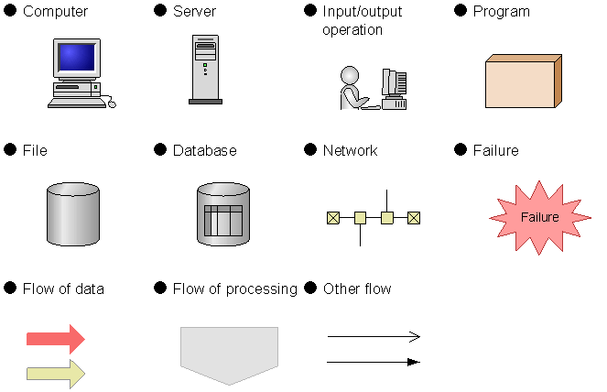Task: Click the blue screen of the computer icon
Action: (76, 58)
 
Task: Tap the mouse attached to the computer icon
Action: (112, 103)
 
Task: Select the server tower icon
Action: (206, 70)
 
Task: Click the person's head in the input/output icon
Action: (350, 75)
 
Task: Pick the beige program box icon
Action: (524, 81)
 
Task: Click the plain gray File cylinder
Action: (73, 214)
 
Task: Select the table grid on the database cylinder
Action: (223, 221)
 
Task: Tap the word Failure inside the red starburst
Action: (539, 217)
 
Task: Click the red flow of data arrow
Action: (56, 339)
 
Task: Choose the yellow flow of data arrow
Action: (56, 374)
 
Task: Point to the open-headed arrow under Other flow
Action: (374, 337)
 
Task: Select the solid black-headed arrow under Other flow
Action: (374, 362)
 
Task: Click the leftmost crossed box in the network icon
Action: (333, 218)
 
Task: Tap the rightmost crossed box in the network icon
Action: (414, 218)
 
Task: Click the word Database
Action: (205, 150)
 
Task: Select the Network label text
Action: (350, 150)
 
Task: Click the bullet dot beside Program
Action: (461, 10)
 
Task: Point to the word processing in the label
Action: (261, 289)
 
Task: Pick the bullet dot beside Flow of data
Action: (10, 288)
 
